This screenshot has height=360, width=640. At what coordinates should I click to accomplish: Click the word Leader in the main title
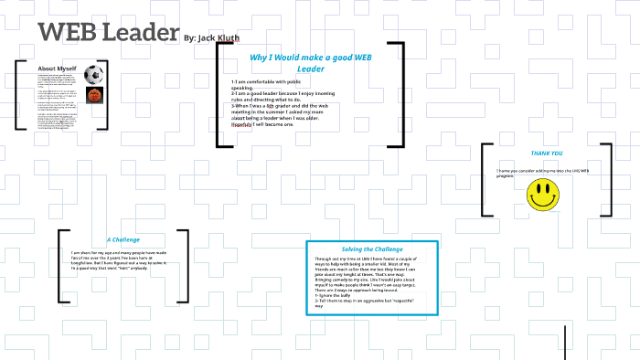coord(137,32)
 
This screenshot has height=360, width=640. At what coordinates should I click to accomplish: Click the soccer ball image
coord(93,74)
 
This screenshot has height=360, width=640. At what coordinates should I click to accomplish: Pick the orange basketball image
coord(93,95)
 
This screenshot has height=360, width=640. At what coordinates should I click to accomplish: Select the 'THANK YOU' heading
coord(547,154)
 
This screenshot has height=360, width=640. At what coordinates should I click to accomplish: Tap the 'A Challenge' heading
coord(123,239)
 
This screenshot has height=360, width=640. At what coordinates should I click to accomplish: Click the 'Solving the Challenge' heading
coord(372,249)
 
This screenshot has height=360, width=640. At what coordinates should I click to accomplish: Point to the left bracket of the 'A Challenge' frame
coord(60,265)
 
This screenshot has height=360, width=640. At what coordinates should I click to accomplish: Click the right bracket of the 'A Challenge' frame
coord(185,265)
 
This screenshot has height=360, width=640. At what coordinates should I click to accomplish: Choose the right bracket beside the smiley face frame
coord(607,179)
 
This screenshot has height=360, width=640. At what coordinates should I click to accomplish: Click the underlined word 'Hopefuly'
coord(245,124)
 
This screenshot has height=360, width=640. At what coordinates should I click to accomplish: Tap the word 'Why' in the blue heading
coord(260,58)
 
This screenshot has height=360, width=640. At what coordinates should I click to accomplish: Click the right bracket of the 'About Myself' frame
coord(105,95)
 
